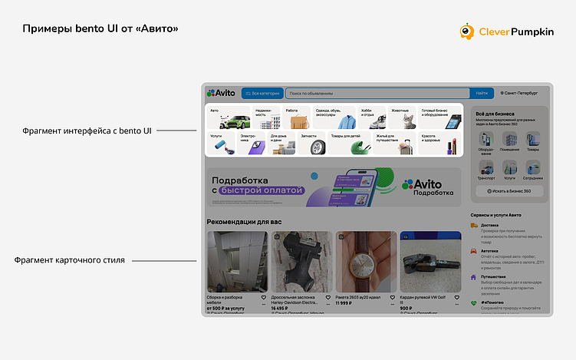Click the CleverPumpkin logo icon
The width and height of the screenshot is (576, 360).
[x=467, y=31]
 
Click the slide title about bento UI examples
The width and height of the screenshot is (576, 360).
[x=100, y=29]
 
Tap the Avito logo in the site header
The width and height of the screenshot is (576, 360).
[x=222, y=93]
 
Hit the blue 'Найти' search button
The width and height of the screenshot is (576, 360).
[x=482, y=93]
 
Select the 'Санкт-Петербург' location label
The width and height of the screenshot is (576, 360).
[x=518, y=93]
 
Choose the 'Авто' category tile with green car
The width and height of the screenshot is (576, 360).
[x=230, y=117]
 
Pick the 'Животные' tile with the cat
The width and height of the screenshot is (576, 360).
[x=402, y=117]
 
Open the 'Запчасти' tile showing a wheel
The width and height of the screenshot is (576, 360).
[x=311, y=143]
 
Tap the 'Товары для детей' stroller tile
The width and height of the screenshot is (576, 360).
[x=350, y=143]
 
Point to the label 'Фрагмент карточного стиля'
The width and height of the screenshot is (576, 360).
[x=70, y=260]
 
